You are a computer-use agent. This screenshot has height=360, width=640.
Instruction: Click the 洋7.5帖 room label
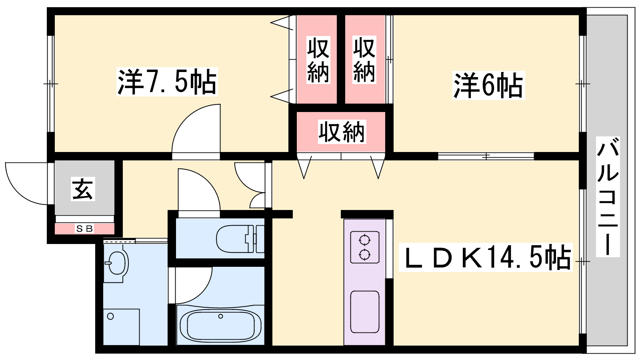pyautogui.click(x=167, y=82)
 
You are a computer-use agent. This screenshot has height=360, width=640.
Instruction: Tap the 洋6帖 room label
pyautogui.click(x=488, y=85)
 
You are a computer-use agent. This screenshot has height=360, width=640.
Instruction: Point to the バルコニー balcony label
pyautogui.click(x=608, y=196)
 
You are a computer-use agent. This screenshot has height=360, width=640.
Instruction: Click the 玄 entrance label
pyautogui.click(x=83, y=189)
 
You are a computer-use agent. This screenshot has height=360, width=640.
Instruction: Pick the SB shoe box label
pyautogui.click(x=84, y=229)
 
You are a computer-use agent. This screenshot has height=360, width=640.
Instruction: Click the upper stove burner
pyautogui.click(x=364, y=240)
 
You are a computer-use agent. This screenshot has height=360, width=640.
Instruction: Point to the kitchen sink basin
pyautogui.click(x=364, y=312)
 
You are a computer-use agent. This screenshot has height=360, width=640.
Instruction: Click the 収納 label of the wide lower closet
pyautogui.click(x=341, y=132)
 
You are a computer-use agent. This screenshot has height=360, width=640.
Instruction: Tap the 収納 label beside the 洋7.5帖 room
pyautogui.click(x=318, y=60)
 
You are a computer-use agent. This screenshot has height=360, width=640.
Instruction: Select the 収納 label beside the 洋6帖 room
pyautogui.click(x=364, y=60)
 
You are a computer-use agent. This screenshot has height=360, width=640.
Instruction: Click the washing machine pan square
pyautogui.click(x=121, y=326)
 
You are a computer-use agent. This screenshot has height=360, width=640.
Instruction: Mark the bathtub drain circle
pyautogui.click(x=220, y=316)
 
